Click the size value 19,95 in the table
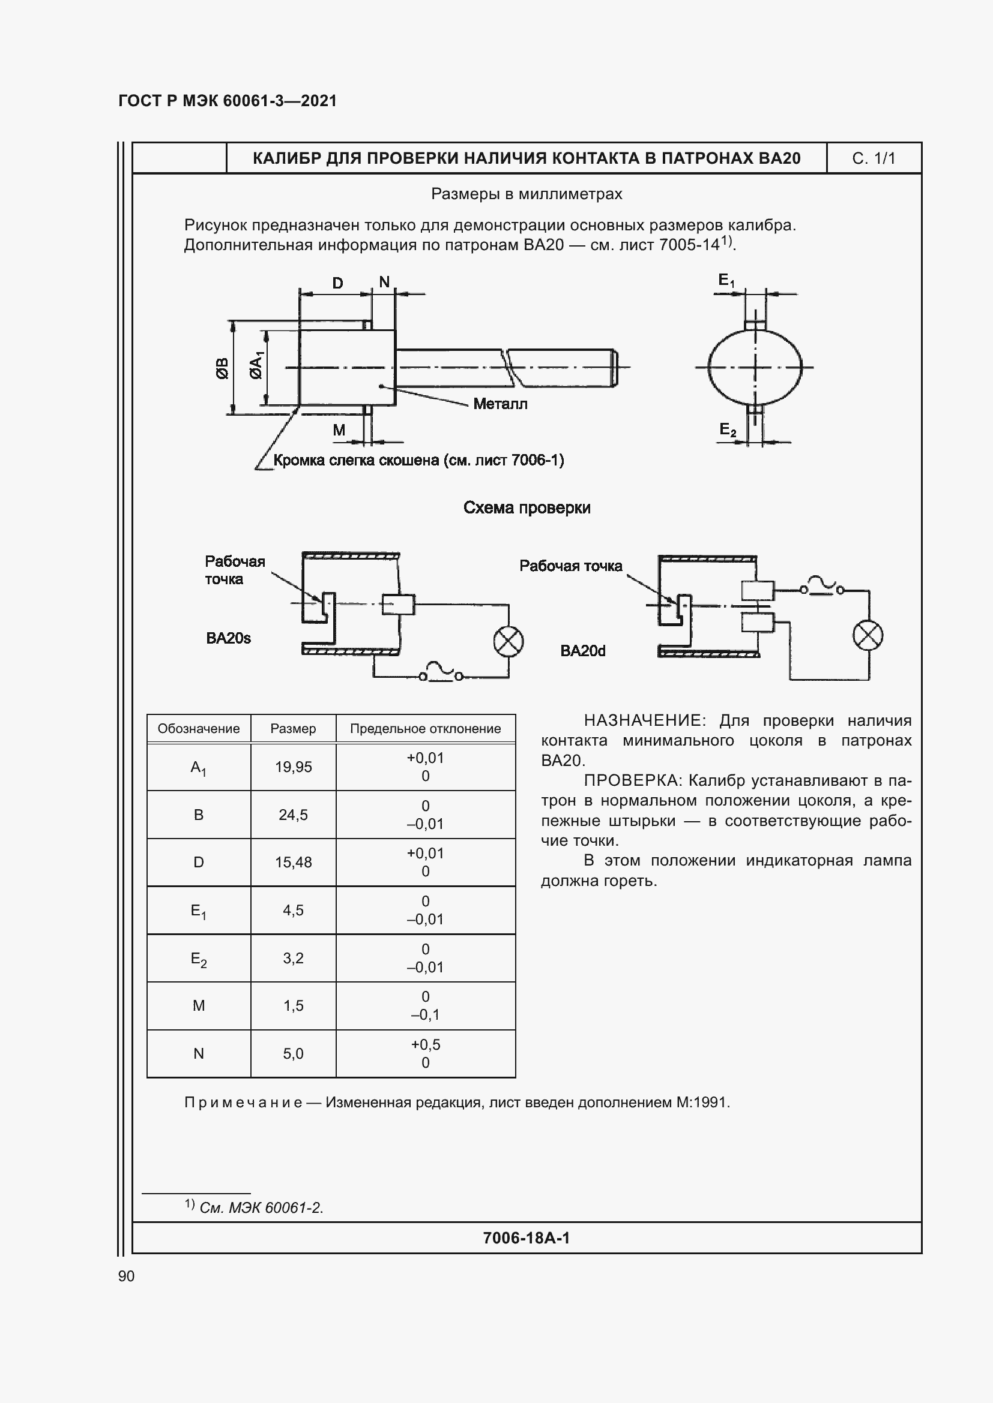(x=293, y=767)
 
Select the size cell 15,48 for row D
(x=293, y=862)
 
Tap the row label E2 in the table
(x=199, y=959)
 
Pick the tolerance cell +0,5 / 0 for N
(x=425, y=1053)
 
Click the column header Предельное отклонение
(x=425, y=728)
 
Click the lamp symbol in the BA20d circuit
(x=867, y=635)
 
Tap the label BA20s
(x=228, y=638)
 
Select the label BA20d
(x=582, y=651)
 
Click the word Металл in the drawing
(x=500, y=404)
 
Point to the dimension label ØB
(x=223, y=368)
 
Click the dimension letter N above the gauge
(x=384, y=282)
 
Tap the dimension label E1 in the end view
(x=726, y=281)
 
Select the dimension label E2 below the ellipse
(x=727, y=430)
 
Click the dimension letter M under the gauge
(x=339, y=430)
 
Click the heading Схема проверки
(x=527, y=508)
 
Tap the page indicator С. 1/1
(x=873, y=158)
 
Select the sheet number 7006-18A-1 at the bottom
(x=526, y=1238)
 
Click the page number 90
(x=126, y=1276)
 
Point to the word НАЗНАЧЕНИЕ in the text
(x=644, y=721)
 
